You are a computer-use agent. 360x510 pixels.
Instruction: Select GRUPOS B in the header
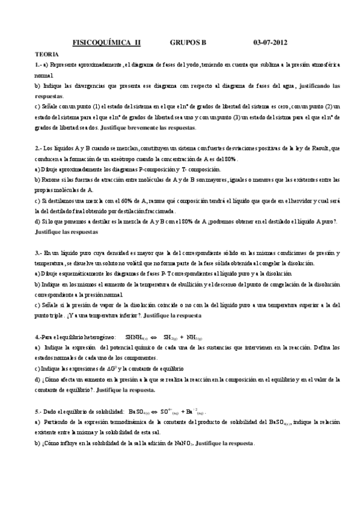(x=188, y=43)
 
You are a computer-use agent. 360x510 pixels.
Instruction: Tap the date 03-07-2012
(x=270, y=43)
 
